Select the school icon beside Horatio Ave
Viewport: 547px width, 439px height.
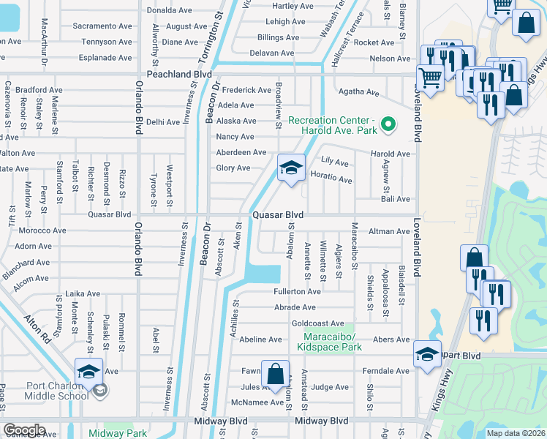click(x=290, y=168)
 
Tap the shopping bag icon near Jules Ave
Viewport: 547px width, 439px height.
click(x=275, y=373)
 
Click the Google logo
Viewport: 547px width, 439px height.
click(x=24, y=430)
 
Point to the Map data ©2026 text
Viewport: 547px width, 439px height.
click(x=516, y=433)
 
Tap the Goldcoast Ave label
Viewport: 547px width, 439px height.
click(x=317, y=323)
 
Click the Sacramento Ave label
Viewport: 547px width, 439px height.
click(x=102, y=26)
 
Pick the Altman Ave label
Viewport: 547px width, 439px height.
click(x=391, y=231)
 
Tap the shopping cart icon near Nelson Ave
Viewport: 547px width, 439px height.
click(x=429, y=76)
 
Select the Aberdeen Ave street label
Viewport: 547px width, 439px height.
click(x=241, y=152)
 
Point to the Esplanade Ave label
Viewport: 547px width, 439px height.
click(x=106, y=58)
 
